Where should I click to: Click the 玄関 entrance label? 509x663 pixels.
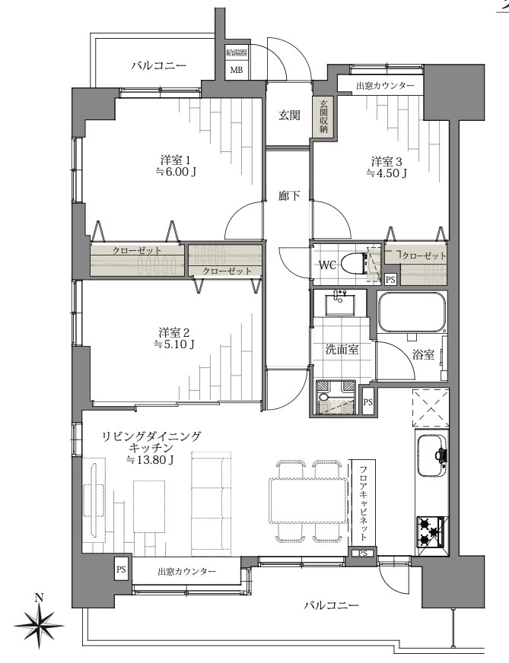pyautogui.click(x=288, y=116)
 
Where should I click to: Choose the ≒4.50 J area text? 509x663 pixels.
pyautogui.click(x=386, y=173)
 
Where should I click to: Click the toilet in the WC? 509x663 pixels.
pyautogui.click(x=352, y=264)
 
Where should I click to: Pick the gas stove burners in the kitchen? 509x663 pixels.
pyautogui.click(x=433, y=531)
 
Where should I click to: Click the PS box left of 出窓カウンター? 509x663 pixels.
pyautogui.click(x=121, y=567)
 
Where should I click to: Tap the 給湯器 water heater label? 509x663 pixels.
pyautogui.click(x=235, y=53)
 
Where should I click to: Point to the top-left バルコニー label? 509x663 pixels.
pyautogui.click(x=158, y=65)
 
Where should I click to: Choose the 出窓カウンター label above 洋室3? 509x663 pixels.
pyautogui.click(x=385, y=86)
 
